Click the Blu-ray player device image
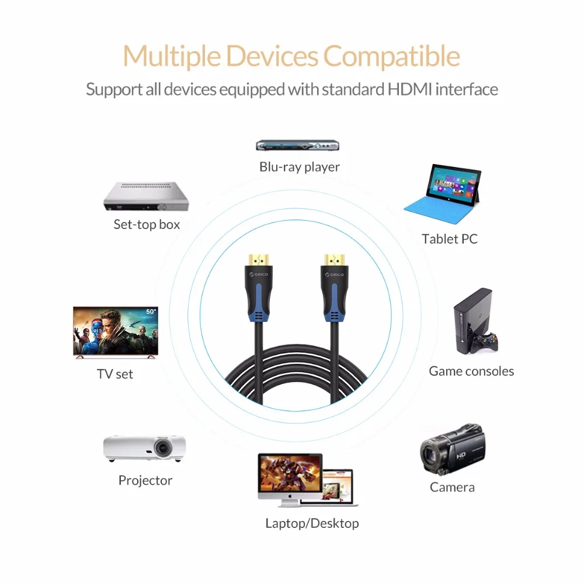[x=298, y=145]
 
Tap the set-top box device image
[x=147, y=196]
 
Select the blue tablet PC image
[x=443, y=194]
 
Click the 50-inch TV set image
[x=116, y=332]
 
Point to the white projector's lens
[x=163, y=447]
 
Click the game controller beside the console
[x=484, y=342]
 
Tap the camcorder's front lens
[x=431, y=454]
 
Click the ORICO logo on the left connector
[x=259, y=274]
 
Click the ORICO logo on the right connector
[x=335, y=275]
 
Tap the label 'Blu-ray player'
[x=300, y=167]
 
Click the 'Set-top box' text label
[x=147, y=224]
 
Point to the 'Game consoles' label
[x=471, y=371]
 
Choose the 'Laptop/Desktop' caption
[x=312, y=523]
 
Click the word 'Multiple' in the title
[x=172, y=57]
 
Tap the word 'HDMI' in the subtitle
[x=410, y=89]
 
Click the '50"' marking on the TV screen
[x=151, y=311]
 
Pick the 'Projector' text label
[x=145, y=481]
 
